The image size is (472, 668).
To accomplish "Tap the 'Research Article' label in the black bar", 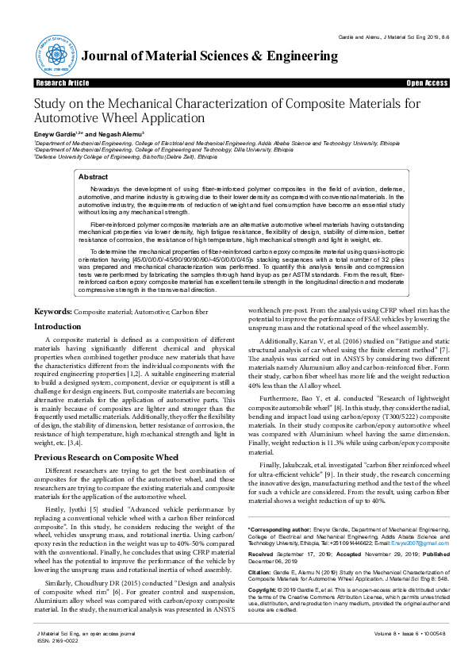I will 63,83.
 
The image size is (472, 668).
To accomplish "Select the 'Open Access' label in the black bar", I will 426,83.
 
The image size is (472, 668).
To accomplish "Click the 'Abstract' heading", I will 94,178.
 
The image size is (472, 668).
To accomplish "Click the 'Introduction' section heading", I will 58,327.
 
